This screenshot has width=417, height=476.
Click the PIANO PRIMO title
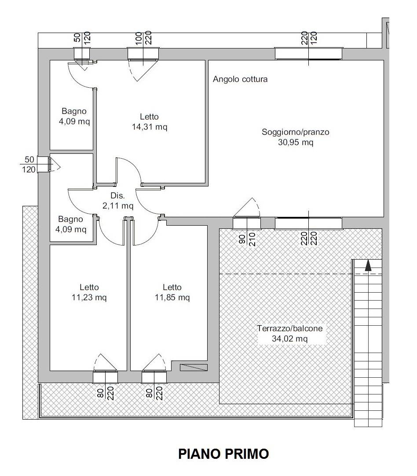pyautogui.click(x=223, y=454)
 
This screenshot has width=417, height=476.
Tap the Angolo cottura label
pyautogui.click(x=240, y=79)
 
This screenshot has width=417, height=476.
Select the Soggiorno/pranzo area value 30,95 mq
pyautogui.click(x=296, y=142)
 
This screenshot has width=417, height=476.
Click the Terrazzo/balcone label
pyautogui.click(x=290, y=328)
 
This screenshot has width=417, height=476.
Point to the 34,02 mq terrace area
pyautogui.click(x=290, y=338)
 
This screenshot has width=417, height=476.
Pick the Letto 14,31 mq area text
pyautogui.click(x=150, y=126)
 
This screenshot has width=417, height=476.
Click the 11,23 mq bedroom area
pyautogui.click(x=89, y=297)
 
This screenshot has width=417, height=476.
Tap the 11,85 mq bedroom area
pyautogui.click(x=172, y=297)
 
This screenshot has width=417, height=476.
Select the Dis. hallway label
pyautogui.click(x=117, y=196)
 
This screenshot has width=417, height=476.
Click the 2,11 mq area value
pyautogui.click(x=118, y=206)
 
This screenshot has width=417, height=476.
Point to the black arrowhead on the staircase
pyautogui.click(x=368, y=265)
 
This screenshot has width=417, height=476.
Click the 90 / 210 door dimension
pyautogui.click(x=247, y=239)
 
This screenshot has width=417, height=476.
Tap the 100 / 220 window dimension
pyautogui.click(x=143, y=38)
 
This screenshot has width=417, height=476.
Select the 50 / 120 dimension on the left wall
pyautogui.click(x=29, y=164)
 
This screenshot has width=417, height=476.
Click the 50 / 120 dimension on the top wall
pyautogui.click(x=82, y=38)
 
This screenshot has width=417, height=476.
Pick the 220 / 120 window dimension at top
pyautogui.click(x=309, y=38)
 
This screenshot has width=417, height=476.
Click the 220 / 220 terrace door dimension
pyautogui.click(x=309, y=239)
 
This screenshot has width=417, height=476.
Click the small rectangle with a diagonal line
pyautogui.click(x=194, y=367)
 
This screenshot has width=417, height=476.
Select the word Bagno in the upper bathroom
pyautogui.click(x=74, y=112)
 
